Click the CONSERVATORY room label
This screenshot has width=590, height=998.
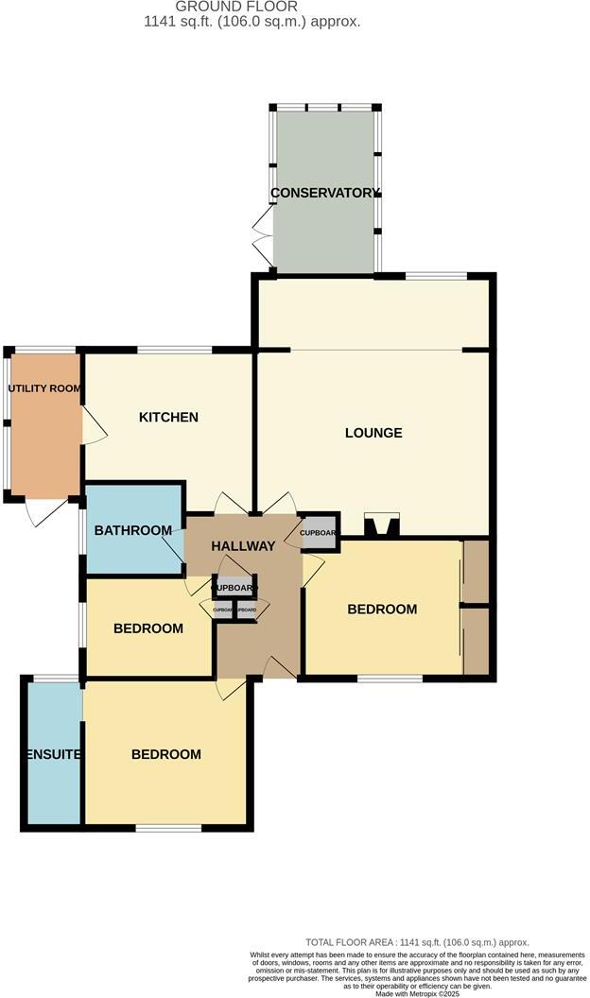324,193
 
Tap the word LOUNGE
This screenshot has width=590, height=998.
373,433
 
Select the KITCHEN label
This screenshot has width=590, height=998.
168,417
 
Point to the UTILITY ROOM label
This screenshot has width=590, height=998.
43,388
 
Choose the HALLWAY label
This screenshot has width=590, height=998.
243,545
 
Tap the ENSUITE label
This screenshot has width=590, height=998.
53,754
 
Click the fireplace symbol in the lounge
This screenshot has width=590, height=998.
382,525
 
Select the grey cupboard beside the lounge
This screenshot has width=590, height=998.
319,533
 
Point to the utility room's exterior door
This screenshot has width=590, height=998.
43,510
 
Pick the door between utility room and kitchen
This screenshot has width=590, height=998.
93,426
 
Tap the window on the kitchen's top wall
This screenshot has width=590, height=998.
175,351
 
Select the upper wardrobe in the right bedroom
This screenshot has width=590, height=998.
476,571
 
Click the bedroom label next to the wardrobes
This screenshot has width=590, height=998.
382,610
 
